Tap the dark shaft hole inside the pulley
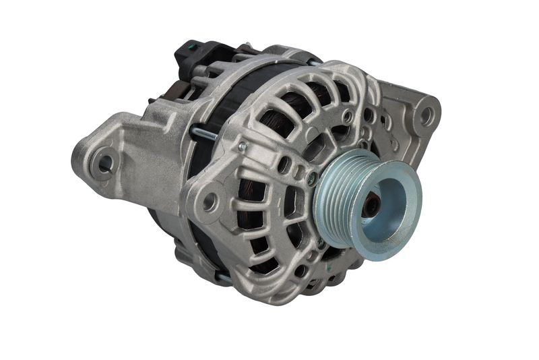371,204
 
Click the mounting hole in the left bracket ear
105,162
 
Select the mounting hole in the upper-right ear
426,115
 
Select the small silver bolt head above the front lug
242,146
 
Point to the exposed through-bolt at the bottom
223,277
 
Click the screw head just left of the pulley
311,179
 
